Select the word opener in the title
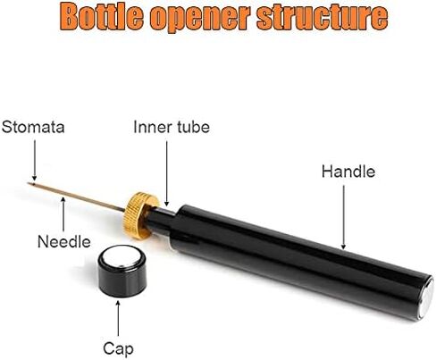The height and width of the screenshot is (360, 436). pos(200,18)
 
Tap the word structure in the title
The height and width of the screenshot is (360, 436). pos(323,16)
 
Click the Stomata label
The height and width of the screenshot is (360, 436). pos(33,127)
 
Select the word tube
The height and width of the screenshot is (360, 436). pos(194,127)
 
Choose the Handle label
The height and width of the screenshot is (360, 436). pos(348,172)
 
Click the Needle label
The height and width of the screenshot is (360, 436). pos(64,241)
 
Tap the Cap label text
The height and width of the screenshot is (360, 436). pos(118,349)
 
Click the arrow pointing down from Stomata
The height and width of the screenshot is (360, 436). pos(35,160)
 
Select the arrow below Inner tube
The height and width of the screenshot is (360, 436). pos(167,173)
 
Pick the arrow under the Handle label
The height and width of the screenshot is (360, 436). pos(343,217)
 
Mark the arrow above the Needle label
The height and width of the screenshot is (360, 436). pos(63,214)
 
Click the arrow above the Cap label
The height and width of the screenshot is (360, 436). pos(118,318)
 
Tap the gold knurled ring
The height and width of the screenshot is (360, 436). pos(140,216)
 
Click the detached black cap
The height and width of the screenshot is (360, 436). pos(122,272)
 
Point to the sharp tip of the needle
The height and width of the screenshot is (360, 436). pos(29,183)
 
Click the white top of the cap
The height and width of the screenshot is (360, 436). pos(122,257)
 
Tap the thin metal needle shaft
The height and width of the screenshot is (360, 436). pos(76,197)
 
